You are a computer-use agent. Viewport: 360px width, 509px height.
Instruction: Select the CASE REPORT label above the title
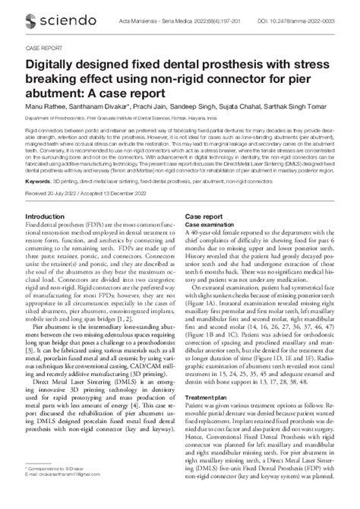tap(47, 43)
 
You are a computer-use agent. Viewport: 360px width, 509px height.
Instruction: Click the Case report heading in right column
tap(204, 217)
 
